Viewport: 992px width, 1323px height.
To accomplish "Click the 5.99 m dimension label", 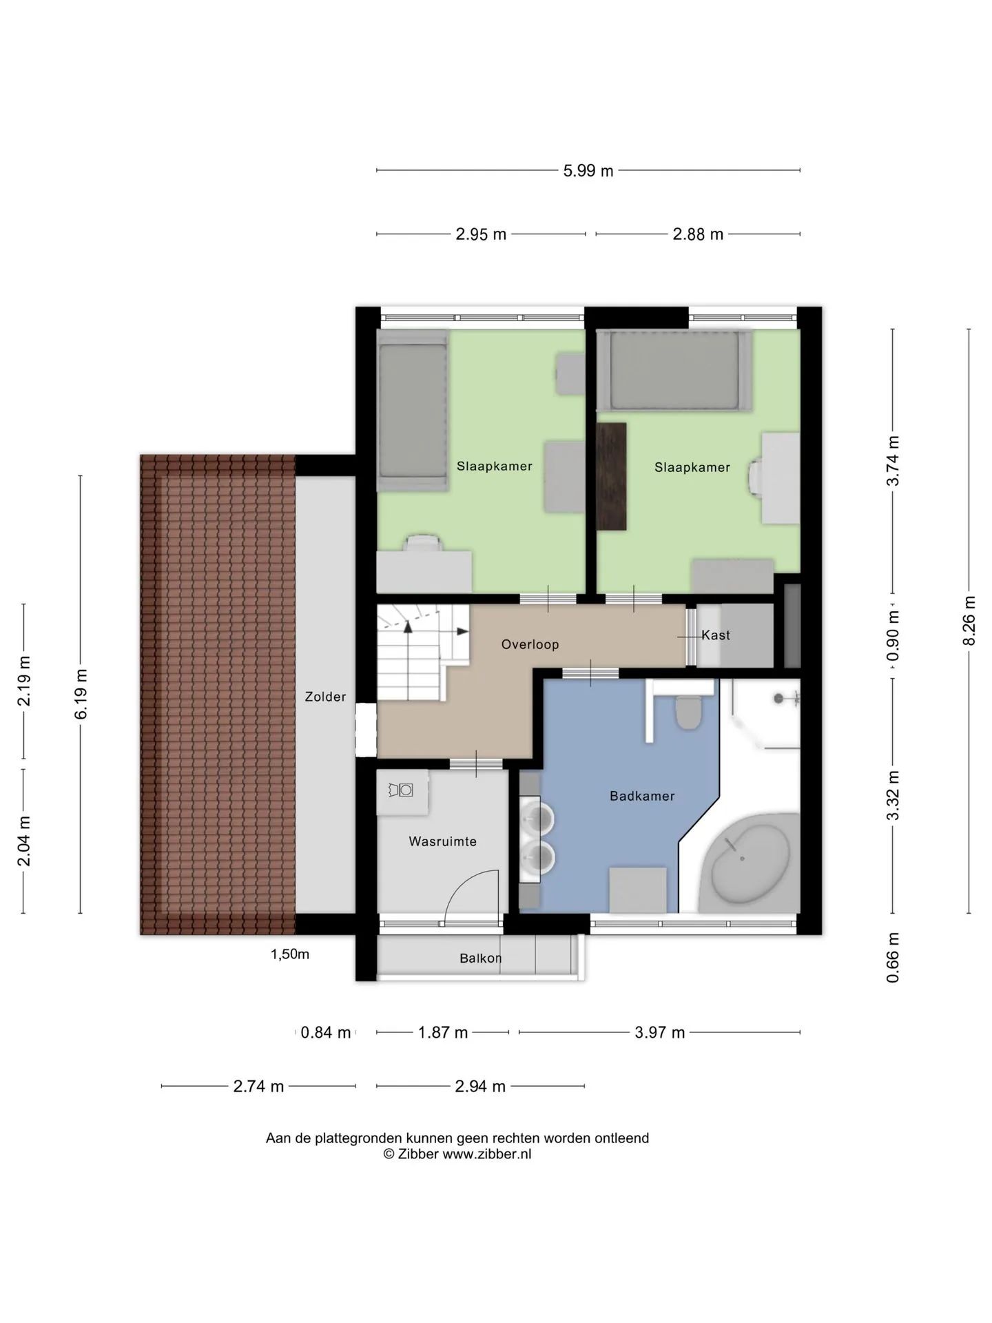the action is (x=588, y=170).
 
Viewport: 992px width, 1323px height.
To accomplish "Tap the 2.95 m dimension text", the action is (x=481, y=234).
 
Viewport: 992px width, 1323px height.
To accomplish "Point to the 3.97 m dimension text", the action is (x=659, y=1032).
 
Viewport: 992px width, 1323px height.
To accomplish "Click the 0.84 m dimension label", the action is (x=326, y=1032).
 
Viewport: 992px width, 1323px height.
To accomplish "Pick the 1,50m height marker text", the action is (x=289, y=954).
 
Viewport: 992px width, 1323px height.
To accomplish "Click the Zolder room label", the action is (x=325, y=697).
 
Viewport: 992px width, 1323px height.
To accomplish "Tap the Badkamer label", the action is (x=642, y=796).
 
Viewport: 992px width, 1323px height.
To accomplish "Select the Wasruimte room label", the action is (x=442, y=841).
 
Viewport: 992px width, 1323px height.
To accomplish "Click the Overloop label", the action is (x=530, y=644).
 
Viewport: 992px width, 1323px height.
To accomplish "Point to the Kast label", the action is (x=716, y=635).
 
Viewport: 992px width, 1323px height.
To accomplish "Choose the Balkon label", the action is (x=480, y=958).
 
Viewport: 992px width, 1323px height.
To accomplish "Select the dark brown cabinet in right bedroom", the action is (x=611, y=476).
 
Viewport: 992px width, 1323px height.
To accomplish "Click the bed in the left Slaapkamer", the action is (x=413, y=409).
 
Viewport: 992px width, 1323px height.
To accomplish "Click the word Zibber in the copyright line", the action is (x=418, y=1154).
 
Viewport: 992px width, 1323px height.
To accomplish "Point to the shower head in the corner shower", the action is (x=778, y=699).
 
